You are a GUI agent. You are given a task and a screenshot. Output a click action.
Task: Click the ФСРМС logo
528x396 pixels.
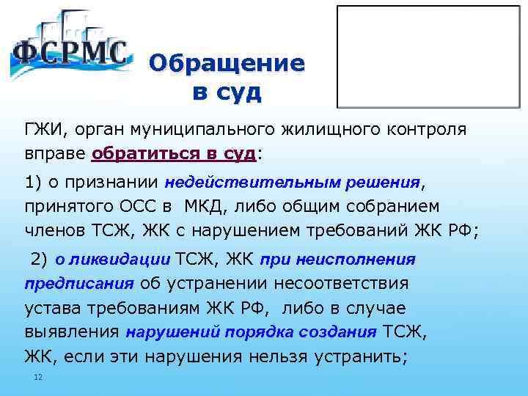tap(70, 50)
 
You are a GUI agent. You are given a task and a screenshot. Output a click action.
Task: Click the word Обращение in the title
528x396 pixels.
tap(226, 64)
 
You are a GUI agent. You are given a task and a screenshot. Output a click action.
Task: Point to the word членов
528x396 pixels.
tap(53, 232)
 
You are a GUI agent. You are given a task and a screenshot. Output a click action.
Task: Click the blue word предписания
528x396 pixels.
tap(78, 284)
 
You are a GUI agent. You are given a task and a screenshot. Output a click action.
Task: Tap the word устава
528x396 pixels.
tap(51, 308)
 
